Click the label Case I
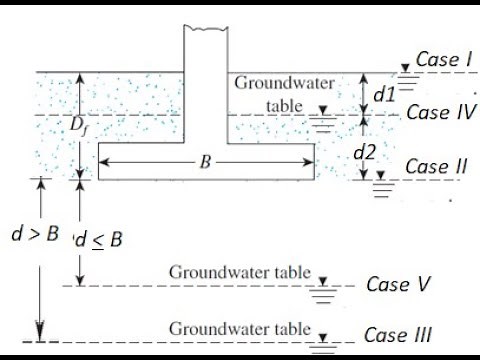[443, 60]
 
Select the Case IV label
[441, 113]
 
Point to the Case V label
[397, 284]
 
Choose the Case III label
[397, 334]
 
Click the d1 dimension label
[385, 95]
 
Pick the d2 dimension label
[385, 155]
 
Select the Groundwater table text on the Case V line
[239, 272]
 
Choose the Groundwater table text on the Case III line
[239, 327]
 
